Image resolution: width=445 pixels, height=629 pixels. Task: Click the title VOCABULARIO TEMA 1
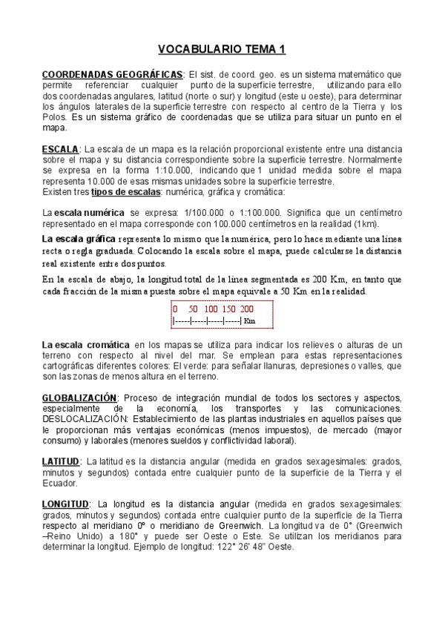click(222, 50)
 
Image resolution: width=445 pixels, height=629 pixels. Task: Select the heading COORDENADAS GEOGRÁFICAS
click(112, 75)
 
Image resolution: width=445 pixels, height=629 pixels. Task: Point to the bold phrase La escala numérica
click(82, 212)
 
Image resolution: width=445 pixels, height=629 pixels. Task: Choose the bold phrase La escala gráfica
click(79, 239)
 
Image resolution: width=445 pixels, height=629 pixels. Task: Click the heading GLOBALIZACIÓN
click(79, 398)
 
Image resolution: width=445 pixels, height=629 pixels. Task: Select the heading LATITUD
click(60, 461)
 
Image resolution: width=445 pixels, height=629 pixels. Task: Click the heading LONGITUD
click(65, 504)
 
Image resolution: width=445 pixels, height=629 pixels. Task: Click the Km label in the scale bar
click(249, 321)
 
